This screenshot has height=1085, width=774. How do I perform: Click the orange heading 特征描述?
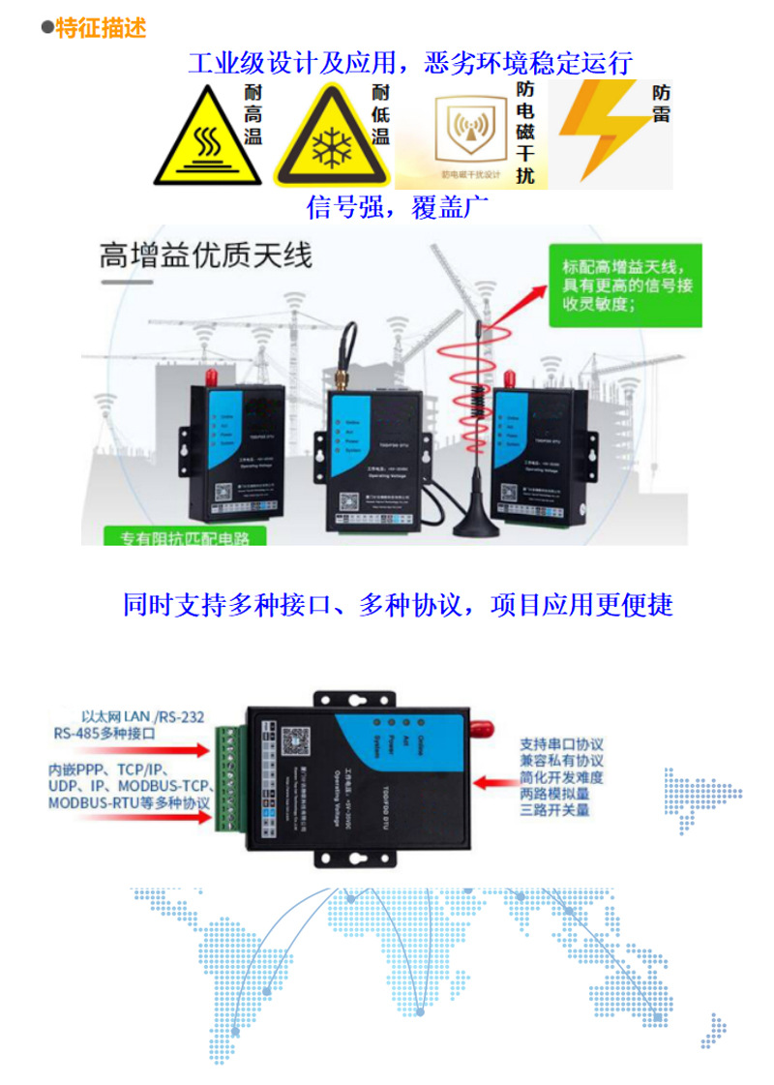[x=101, y=29]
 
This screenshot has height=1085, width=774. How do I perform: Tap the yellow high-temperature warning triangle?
[x=206, y=140]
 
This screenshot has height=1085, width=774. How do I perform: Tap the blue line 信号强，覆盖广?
[x=398, y=207]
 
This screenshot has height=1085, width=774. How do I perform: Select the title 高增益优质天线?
[x=206, y=256]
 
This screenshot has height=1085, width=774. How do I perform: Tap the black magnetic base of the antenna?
[x=477, y=525]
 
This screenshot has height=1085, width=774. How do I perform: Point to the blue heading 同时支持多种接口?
[x=398, y=605]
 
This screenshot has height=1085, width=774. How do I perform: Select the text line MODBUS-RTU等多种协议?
[x=129, y=804]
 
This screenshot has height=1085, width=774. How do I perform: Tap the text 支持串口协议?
[x=561, y=744]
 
